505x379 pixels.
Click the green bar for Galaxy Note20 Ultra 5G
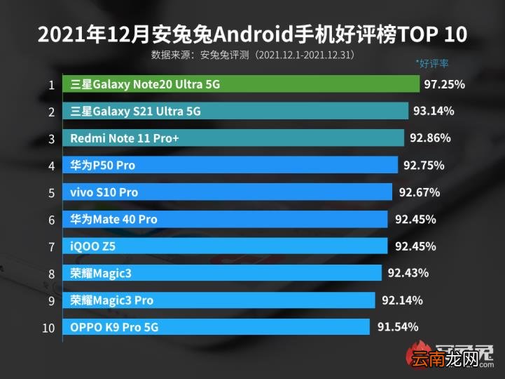pos(241,84)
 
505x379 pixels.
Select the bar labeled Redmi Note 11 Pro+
pos(233,138)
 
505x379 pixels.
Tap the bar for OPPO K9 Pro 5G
pos(216,326)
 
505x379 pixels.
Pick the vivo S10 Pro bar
pos(228,192)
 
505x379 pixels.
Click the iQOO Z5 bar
pos(225,246)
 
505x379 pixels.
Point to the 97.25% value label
pos(444,84)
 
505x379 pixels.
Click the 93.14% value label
pos(434,111)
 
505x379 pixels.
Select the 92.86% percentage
pos(430,138)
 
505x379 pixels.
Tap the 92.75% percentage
pos(424,166)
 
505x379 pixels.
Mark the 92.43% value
pos(408,273)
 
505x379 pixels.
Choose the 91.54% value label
pos(398,326)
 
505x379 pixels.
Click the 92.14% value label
pos(402,300)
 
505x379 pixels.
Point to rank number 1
pos(51,85)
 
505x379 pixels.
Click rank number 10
pos(48,328)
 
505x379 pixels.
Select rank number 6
pos(52,220)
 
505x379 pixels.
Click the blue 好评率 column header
pos(432,63)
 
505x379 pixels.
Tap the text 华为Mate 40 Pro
pos(113,219)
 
